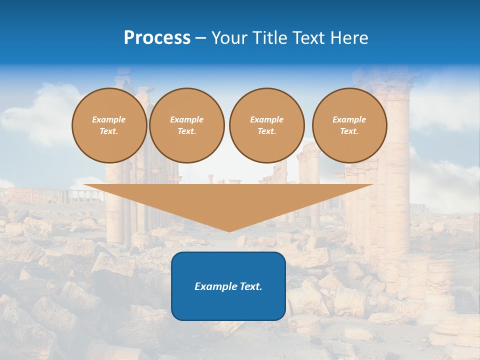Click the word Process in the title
click(157, 38)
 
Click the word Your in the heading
click(228, 38)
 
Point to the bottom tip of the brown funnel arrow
click(229, 230)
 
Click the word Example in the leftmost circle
click(109, 119)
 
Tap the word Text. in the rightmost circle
click(349, 131)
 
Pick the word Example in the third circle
click(266, 119)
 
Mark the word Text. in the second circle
click(187, 131)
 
